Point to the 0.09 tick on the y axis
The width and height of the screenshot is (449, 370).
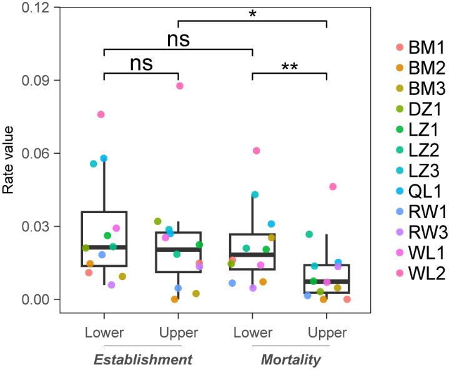(38, 80)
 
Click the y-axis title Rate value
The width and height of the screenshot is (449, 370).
(8, 154)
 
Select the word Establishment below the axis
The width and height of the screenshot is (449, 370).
(142, 359)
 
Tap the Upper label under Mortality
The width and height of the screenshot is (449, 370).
(327, 332)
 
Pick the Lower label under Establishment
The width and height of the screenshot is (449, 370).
(104, 332)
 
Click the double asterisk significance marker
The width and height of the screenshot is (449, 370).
(289, 67)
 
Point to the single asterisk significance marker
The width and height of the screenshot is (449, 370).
(252, 14)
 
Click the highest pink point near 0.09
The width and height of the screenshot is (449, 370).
(179, 86)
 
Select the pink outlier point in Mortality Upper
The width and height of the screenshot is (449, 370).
(333, 186)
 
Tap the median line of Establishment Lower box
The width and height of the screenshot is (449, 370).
(104, 247)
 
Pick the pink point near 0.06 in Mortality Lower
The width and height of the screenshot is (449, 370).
(256, 151)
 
